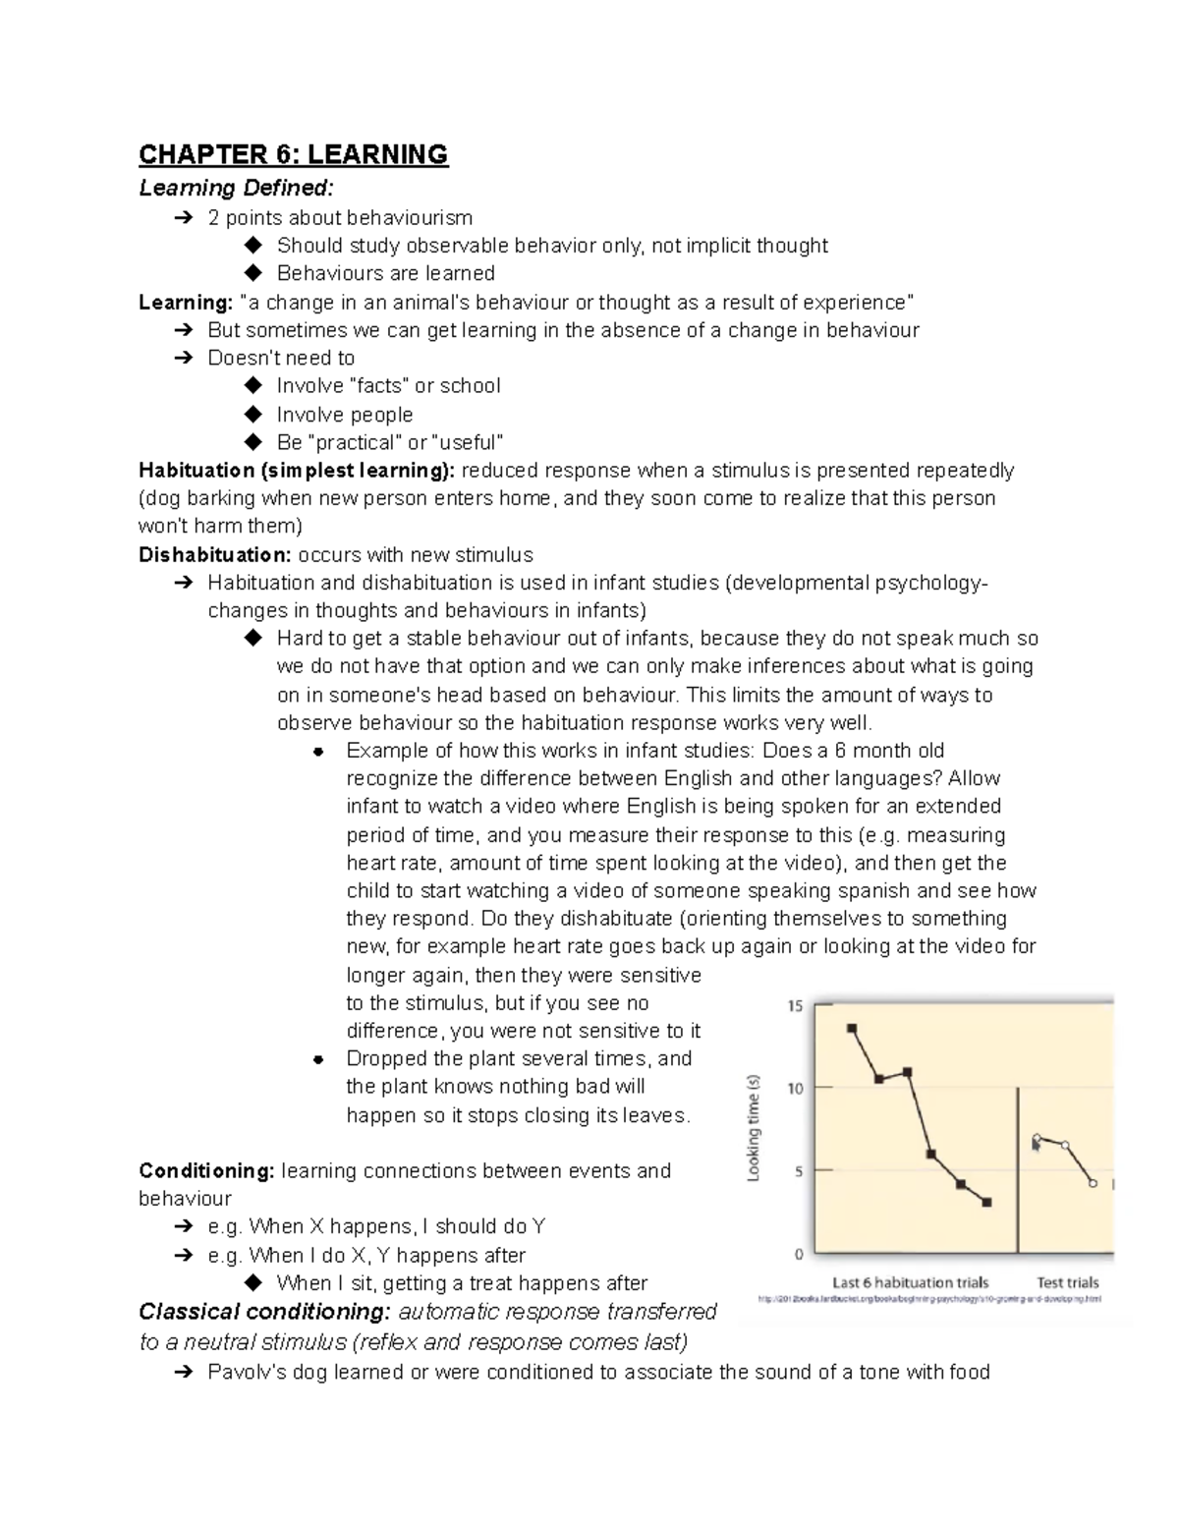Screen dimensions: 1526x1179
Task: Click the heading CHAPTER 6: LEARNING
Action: [x=293, y=154]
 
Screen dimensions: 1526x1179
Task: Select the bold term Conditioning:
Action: [x=206, y=1170]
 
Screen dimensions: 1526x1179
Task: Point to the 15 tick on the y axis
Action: [x=796, y=1005]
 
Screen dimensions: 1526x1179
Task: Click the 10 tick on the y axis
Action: [x=796, y=1088]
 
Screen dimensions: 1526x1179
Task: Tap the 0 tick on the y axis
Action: [x=799, y=1254]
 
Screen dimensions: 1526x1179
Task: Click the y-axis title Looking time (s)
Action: [x=755, y=1128]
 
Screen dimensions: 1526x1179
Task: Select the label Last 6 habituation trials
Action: [x=910, y=1282]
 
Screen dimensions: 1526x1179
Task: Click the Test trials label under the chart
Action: [x=1068, y=1282]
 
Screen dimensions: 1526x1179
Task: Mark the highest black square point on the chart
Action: [x=852, y=1029]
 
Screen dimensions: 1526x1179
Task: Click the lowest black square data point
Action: [x=986, y=1202]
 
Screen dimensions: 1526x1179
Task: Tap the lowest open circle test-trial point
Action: [x=1093, y=1183]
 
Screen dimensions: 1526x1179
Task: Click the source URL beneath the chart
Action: [x=928, y=1299]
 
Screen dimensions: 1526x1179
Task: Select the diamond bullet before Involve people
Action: [x=253, y=414]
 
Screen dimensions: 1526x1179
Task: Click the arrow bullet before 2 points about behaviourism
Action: [x=184, y=217]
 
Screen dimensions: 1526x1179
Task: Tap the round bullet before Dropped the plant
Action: [x=317, y=1059]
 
